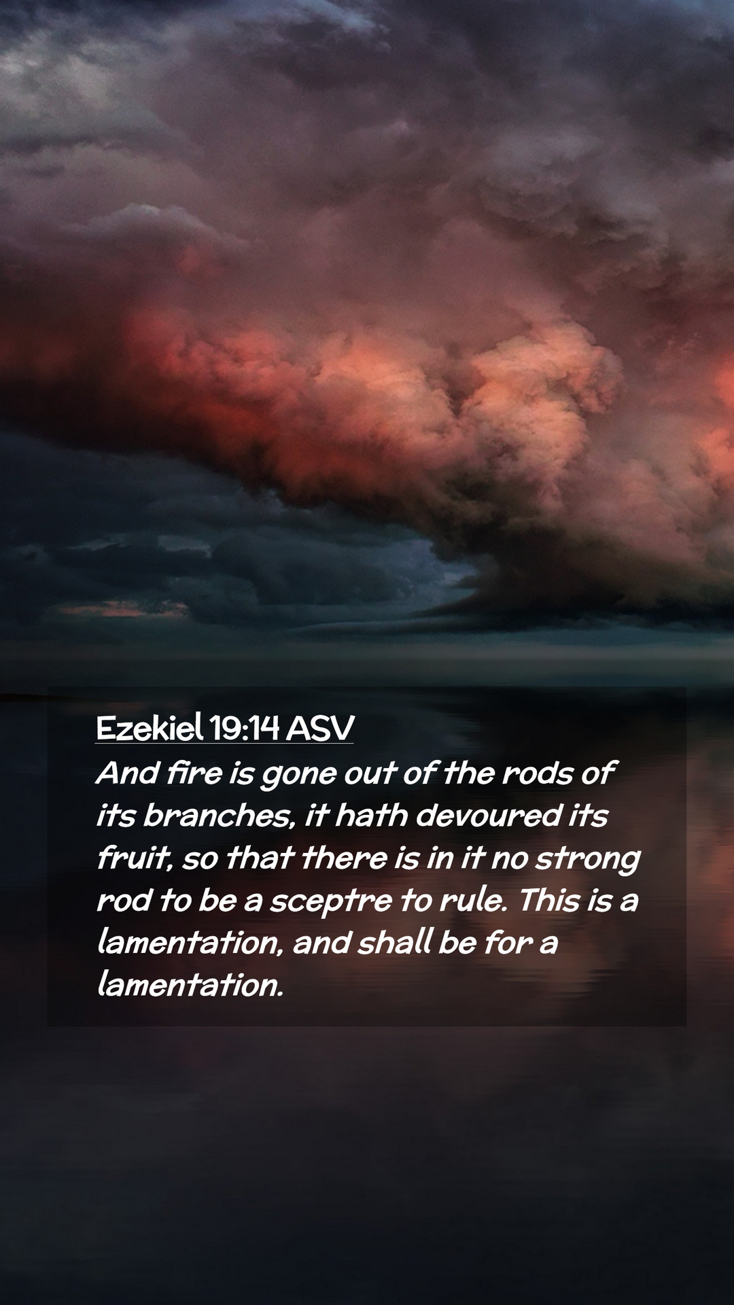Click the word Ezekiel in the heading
(150, 728)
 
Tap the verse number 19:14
(245, 728)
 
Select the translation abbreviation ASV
(320, 728)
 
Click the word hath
(372, 816)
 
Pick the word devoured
(488, 816)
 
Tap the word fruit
(134, 858)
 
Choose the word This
(549, 900)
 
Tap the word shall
(395, 942)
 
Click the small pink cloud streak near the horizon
(122, 609)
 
